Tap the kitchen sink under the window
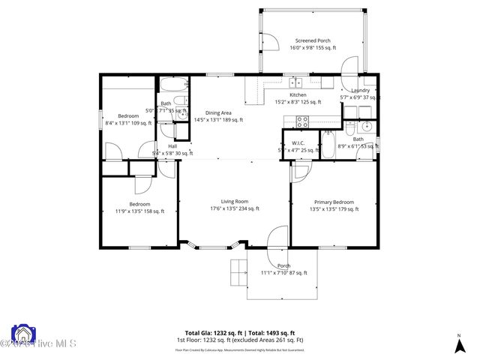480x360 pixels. pyautogui.click(x=296, y=81)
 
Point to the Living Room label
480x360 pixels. pyautogui.click(x=234, y=201)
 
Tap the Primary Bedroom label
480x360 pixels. pyautogui.click(x=334, y=202)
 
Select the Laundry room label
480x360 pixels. pyautogui.click(x=360, y=91)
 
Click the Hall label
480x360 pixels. pyautogui.click(x=172, y=146)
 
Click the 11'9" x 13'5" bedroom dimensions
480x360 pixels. pyautogui.click(x=139, y=211)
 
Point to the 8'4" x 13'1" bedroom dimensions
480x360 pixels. pyautogui.click(x=127, y=123)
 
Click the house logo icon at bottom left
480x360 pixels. pyautogui.click(x=22, y=333)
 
